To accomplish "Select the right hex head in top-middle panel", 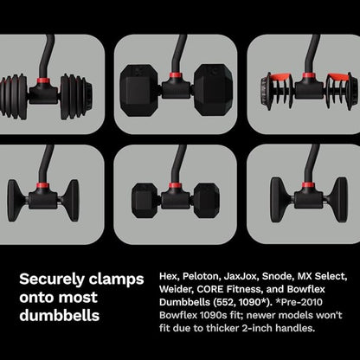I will coord(214,87).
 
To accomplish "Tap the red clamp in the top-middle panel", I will coord(178,80).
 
